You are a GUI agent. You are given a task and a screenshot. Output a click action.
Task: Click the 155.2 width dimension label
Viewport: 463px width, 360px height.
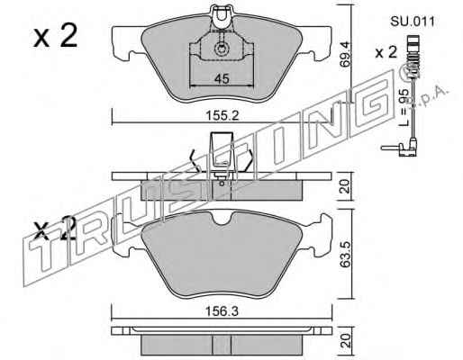[x=222, y=115]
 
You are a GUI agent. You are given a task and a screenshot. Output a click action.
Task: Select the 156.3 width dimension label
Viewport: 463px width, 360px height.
[x=222, y=311]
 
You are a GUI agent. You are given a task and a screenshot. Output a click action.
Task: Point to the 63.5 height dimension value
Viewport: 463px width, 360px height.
[x=345, y=254]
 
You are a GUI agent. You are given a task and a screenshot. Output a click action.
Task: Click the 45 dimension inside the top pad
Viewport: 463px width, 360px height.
[x=222, y=79]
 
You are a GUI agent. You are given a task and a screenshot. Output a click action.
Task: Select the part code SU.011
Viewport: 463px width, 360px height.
[x=413, y=22]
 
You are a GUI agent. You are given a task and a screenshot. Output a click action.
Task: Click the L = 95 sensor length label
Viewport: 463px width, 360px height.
[x=405, y=107]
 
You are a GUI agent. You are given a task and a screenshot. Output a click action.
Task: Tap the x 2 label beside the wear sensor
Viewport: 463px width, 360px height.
[x=386, y=53]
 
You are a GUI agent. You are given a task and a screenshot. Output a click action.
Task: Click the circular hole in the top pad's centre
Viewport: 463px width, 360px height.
[x=221, y=49]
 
